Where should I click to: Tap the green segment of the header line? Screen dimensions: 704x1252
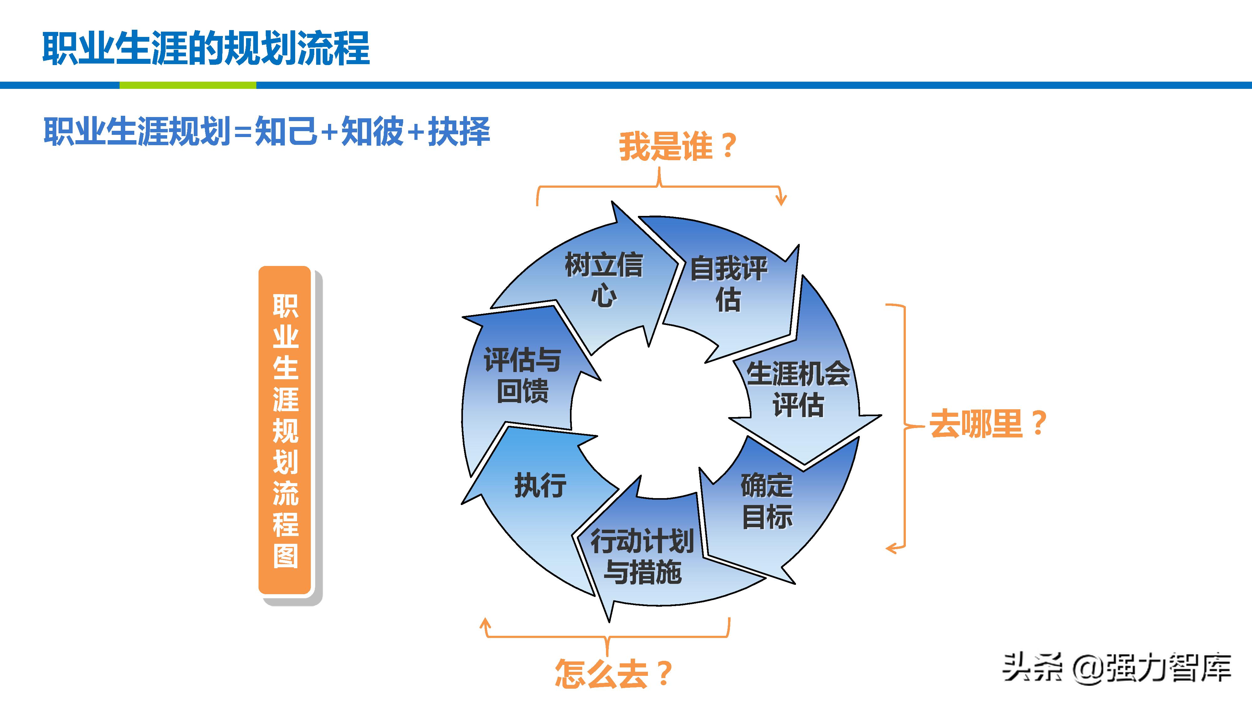(x=187, y=85)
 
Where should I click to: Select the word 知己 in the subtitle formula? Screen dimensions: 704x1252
(x=286, y=131)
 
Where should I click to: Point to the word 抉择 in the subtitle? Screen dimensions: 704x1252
(x=459, y=131)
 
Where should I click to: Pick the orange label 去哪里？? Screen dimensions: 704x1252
(x=988, y=424)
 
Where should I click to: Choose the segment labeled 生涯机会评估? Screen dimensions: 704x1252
(x=798, y=389)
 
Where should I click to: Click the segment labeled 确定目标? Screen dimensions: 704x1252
(x=767, y=500)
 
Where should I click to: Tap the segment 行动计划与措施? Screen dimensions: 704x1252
(x=642, y=556)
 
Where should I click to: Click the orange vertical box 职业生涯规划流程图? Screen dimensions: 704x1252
(x=285, y=430)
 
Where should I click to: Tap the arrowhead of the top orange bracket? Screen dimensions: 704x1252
(x=781, y=200)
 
